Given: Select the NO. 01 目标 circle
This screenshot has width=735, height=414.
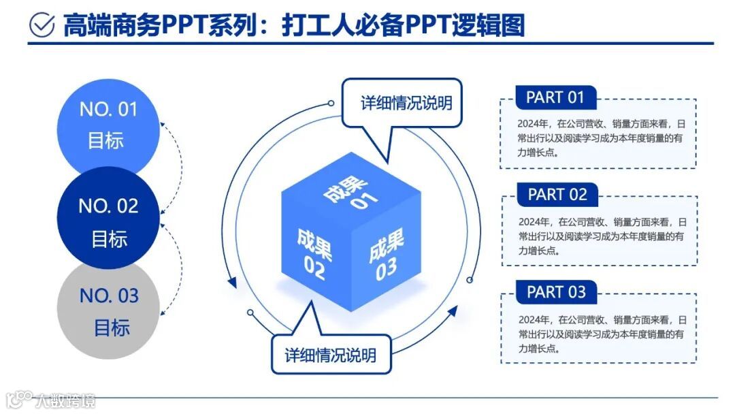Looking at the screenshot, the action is point(108,125).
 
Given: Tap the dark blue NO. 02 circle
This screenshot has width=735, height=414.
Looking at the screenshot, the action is point(108,221).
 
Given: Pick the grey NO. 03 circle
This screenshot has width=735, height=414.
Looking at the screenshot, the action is point(108,311).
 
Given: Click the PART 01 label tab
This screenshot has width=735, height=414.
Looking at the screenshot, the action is point(555,97).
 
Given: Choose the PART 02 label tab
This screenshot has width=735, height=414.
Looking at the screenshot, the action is point(557,195).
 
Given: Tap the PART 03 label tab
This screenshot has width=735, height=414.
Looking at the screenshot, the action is point(556,292).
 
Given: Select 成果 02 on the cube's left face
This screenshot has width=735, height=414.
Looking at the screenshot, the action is point(314,254).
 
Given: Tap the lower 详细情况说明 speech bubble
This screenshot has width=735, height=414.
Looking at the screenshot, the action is point(331,355).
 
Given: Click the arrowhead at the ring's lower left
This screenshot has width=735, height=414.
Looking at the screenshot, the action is point(233,281).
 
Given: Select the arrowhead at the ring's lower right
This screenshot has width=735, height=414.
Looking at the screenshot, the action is point(452,313).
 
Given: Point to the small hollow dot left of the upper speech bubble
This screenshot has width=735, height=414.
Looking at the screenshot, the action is point(331,103).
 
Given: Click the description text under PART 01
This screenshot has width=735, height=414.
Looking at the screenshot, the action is point(598,139).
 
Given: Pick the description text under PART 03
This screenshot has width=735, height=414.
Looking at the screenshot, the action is point(598,334).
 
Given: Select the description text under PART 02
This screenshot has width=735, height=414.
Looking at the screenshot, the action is point(598,236).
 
